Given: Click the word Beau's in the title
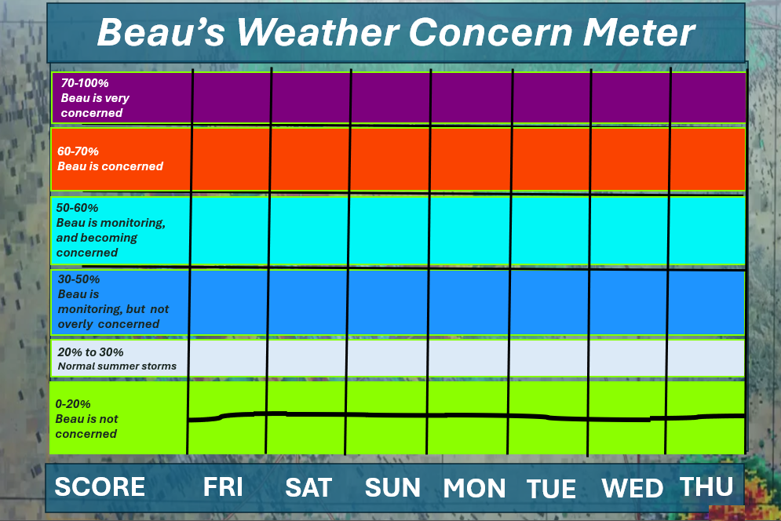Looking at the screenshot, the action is tap(161, 32).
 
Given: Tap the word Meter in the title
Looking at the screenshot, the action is tap(639, 32).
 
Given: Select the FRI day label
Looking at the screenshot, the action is tap(223, 486).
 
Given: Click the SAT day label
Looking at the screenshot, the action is tap(308, 487).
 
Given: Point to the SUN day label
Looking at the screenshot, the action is tap(392, 487).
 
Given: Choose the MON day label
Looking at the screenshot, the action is tap(474, 488).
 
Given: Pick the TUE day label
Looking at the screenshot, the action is tap(551, 489).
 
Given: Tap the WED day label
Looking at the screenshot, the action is tap(633, 488).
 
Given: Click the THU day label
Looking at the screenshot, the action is tap(706, 486).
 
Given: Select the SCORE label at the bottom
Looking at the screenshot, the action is tap(100, 486).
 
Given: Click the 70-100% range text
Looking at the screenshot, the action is tap(85, 83).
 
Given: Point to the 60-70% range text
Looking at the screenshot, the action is tap(78, 151).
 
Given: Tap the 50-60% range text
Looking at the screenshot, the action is tap(77, 208).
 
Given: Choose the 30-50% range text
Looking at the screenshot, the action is tap(78, 279).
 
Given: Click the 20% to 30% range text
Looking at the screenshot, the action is tap(90, 352).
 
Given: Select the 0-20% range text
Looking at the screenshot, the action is tap(73, 404).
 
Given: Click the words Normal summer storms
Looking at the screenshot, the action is tap(117, 366).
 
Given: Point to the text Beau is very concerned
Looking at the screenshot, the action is tap(95, 106).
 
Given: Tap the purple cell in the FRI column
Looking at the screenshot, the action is tap(232, 97).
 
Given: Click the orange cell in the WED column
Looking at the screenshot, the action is tap(630, 159).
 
